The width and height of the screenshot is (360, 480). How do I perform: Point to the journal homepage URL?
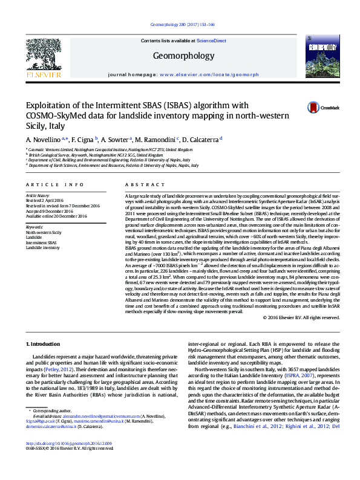coord(207,74)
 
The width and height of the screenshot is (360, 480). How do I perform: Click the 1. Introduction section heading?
coord(46,343)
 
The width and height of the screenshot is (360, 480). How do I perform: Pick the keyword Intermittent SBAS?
coord(40,242)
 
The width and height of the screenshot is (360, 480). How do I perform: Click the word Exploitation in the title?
coord(54,104)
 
